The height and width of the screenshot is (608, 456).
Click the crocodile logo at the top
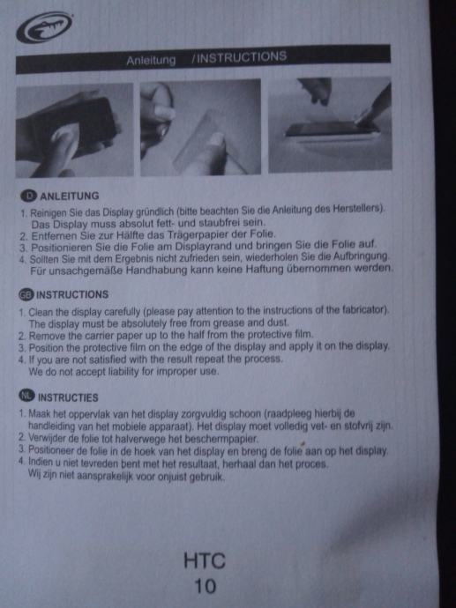click(44, 27)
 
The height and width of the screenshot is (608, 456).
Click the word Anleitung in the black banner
click(151, 61)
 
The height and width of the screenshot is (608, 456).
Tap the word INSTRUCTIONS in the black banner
click(239, 57)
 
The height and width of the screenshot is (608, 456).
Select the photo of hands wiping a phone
click(74, 130)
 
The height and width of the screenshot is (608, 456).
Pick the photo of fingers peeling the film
click(200, 128)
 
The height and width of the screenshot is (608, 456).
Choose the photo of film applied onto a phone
click(330, 125)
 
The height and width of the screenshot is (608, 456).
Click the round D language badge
click(28, 196)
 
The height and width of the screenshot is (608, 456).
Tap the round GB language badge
click(26, 294)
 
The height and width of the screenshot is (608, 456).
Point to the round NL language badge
click(26, 396)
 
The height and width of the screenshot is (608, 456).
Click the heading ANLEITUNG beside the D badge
click(70, 196)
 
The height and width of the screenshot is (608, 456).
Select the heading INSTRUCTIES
click(68, 397)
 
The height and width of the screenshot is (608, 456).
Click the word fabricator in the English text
click(364, 310)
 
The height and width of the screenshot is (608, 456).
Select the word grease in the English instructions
click(230, 323)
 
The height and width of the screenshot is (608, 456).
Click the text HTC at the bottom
click(205, 561)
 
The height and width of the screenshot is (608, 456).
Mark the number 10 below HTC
click(205, 586)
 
